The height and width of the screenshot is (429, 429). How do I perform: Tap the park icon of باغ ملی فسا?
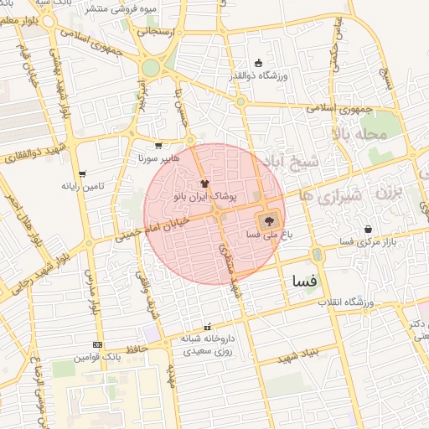pyautogui.click(x=269, y=222)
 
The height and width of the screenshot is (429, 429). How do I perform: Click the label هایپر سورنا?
pyautogui.click(x=153, y=158)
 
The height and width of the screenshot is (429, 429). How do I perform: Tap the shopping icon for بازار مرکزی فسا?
pyautogui.click(x=368, y=229)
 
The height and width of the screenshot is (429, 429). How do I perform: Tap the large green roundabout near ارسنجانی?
pyautogui.click(x=151, y=67)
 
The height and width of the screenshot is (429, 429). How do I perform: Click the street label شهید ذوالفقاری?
pyautogui.click(x=28, y=151)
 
